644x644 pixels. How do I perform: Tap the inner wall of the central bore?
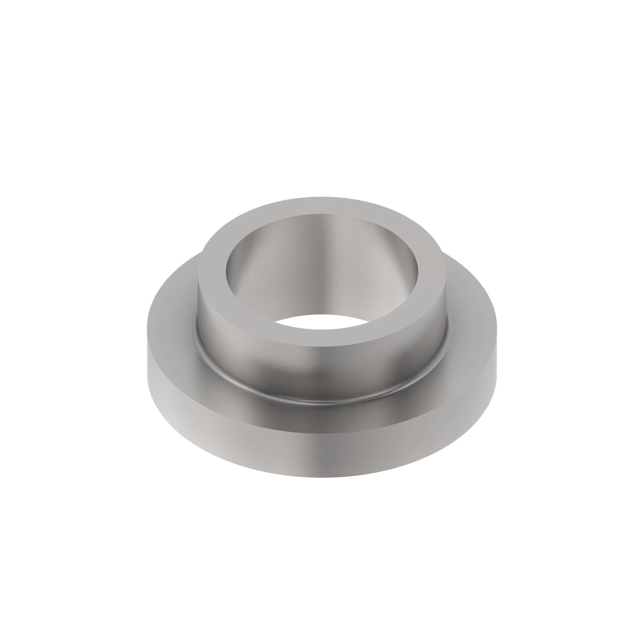tap(320, 267)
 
